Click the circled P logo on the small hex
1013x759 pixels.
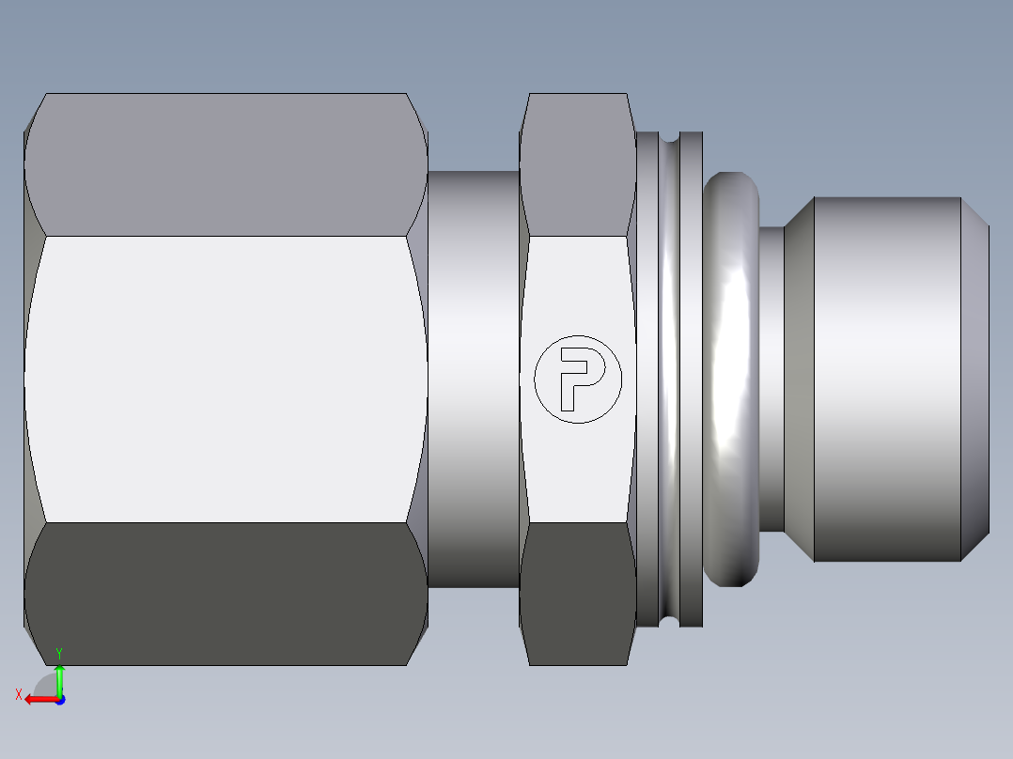click(x=577, y=378)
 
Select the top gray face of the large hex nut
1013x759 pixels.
click(x=226, y=164)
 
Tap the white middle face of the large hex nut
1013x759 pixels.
click(x=226, y=379)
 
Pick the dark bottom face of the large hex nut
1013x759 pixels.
click(x=226, y=594)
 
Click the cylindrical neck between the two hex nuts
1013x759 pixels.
click(x=474, y=379)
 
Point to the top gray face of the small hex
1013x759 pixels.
click(x=578, y=164)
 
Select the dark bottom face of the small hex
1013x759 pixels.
click(x=578, y=594)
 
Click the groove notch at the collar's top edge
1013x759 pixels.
click(x=669, y=138)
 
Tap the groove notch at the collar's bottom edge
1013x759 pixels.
click(x=669, y=621)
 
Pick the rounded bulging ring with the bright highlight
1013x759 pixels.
click(x=731, y=379)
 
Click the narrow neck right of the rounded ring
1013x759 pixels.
click(x=771, y=379)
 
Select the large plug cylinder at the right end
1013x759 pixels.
click(x=886, y=379)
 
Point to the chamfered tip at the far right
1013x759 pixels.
click(x=975, y=379)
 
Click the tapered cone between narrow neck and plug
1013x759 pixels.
click(x=799, y=379)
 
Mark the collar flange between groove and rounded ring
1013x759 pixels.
click(x=691, y=379)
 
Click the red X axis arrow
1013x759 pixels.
click(x=38, y=699)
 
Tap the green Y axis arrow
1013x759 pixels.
click(x=59, y=678)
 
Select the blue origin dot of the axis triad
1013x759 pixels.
click(x=59, y=700)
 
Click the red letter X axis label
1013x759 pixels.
click(x=18, y=694)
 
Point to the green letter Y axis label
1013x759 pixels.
click(x=59, y=653)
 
